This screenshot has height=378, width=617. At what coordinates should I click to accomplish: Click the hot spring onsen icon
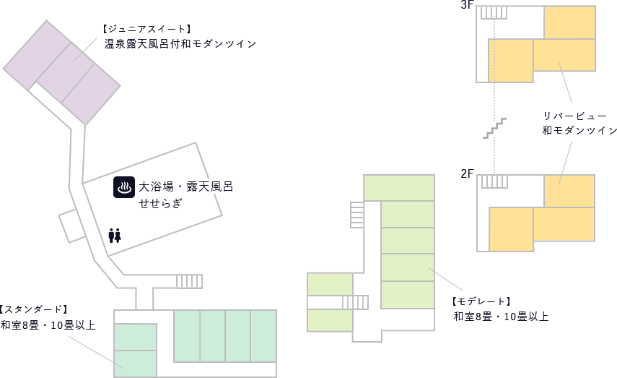pyautogui.click(x=124, y=187)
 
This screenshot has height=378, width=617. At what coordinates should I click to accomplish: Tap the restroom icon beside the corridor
pyautogui.click(x=114, y=235)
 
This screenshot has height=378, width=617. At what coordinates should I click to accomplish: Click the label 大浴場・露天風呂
pyautogui.click(x=185, y=187)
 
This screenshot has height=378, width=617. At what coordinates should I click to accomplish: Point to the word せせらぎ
pyautogui.click(x=161, y=203)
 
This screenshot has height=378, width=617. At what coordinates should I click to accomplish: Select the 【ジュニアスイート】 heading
pyautogui.click(x=146, y=29)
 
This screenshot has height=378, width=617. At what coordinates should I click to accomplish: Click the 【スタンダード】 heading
pyautogui.click(x=34, y=309)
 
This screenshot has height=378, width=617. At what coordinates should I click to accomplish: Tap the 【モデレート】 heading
pyautogui.click(x=481, y=301)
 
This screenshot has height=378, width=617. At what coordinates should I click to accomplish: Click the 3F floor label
pyautogui.click(x=467, y=5)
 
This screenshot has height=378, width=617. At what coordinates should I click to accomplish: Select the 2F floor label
pyautogui.click(x=467, y=173)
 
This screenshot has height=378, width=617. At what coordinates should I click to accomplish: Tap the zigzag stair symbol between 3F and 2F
pyautogui.click(x=494, y=128)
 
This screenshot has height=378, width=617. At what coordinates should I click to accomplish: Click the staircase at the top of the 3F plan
pyautogui.click(x=494, y=12)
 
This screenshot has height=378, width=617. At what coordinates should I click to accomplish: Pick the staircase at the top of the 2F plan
pyautogui.click(x=494, y=181)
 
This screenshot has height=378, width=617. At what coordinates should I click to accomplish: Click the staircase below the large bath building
pyautogui.click(x=189, y=281)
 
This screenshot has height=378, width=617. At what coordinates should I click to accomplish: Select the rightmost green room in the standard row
pyautogui.click(x=263, y=335)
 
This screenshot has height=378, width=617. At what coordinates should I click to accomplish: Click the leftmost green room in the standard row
pyautogui.click(x=186, y=335)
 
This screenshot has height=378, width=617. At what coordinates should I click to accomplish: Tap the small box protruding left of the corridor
pyautogui.click(x=72, y=225)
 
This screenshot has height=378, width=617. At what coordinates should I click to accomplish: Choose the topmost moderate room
pyautogui.click(x=398, y=187)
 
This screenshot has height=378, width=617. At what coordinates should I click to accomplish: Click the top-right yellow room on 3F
pyautogui.click(x=569, y=22)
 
